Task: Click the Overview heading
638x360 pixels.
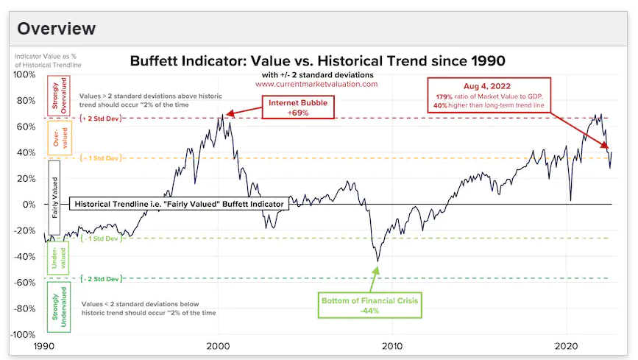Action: pos(57,29)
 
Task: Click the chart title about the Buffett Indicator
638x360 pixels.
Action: pos(317,60)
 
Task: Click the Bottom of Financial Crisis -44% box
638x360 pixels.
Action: pos(371,306)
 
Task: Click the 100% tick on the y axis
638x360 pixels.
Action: pos(25,74)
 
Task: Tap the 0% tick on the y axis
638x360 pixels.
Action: pos(29,205)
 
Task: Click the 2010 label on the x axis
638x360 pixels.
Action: pos(392,346)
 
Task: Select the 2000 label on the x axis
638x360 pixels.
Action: pos(218,346)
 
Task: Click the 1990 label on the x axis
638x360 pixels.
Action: pos(43,346)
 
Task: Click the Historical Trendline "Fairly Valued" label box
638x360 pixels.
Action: pos(179,204)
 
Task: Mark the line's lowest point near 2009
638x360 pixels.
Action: pos(378,261)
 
